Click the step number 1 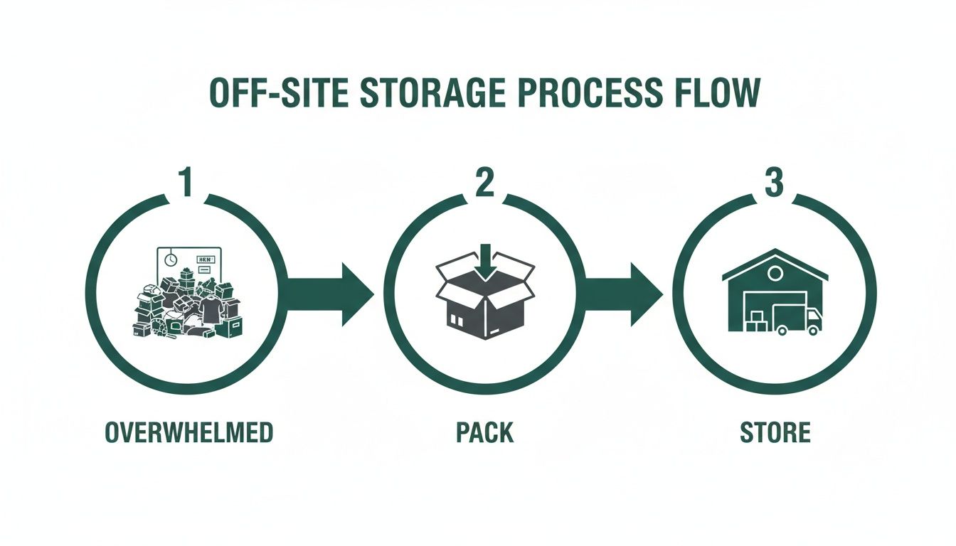click(x=186, y=183)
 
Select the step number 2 click(x=484, y=183)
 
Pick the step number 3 click(x=774, y=183)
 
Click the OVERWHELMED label click(x=188, y=433)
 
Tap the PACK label click(x=484, y=433)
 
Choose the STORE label click(x=775, y=433)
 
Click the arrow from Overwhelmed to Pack click(x=331, y=294)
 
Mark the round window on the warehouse click(x=775, y=273)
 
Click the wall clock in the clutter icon click(x=171, y=260)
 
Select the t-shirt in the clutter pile click(x=211, y=310)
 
